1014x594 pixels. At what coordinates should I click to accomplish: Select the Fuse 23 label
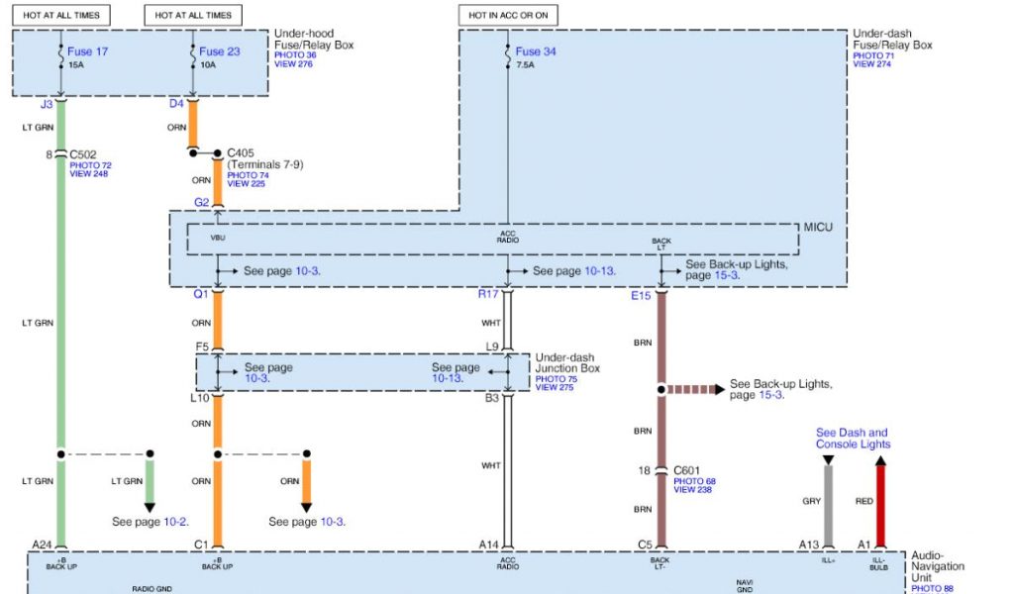click(x=219, y=50)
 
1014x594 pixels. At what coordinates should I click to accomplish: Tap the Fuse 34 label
click(x=535, y=50)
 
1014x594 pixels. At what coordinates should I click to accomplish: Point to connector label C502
click(x=82, y=154)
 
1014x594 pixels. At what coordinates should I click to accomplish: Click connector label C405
click(x=241, y=153)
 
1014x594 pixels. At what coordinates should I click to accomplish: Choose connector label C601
click(x=686, y=470)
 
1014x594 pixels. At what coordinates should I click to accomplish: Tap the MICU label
click(x=819, y=228)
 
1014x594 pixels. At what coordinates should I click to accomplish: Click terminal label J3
click(x=47, y=103)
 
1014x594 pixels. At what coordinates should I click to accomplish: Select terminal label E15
click(x=643, y=295)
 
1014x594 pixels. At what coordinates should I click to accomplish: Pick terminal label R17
click(x=487, y=295)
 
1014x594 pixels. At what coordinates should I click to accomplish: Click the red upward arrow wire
click(x=880, y=500)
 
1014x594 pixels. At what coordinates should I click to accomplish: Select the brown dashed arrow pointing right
click(x=694, y=389)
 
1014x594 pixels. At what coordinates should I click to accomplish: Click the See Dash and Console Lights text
click(x=852, y=439)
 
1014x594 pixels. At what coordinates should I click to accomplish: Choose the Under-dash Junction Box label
click(x=567, y=361)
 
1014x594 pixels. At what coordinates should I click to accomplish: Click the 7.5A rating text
click(x=525, y=65)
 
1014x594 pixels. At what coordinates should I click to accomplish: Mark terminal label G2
click(x=201, y=202)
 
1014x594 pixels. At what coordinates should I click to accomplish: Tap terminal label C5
click(x=645, y=544)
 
